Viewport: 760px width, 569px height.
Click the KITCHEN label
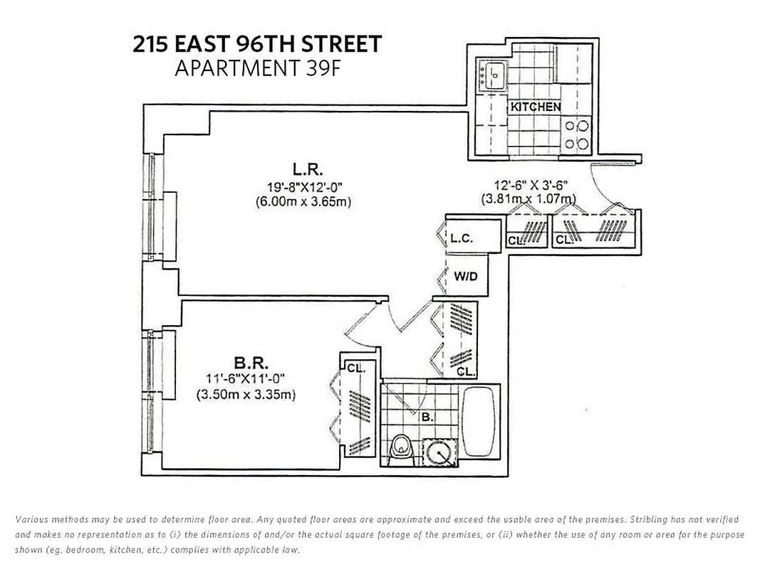[536, 107]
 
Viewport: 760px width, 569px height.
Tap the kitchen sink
[492, 73]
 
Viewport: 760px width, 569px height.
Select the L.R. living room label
[308, 169]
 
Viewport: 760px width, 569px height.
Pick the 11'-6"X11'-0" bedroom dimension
[246, 379]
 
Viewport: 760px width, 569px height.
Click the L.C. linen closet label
[462, 239]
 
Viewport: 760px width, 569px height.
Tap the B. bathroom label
[427, 418]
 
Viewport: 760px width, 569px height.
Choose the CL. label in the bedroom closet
[355, 368]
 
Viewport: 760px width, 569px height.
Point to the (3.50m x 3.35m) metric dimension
[246, 394]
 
